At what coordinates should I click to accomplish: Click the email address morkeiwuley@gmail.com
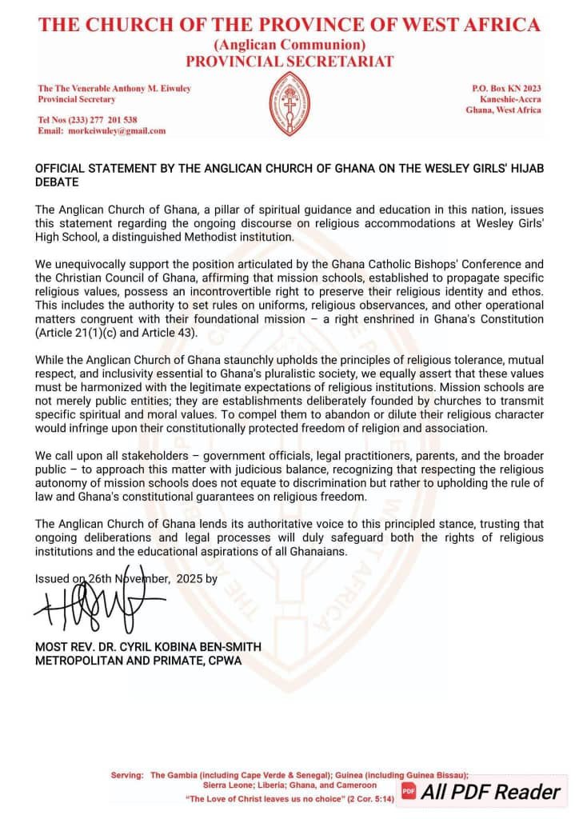point(118,131)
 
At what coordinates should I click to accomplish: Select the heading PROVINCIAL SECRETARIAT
point(289,61)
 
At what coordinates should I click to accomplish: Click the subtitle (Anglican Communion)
point(289,45)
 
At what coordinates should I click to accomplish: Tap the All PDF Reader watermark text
point(491,792)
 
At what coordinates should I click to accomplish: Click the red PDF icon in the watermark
point(409,792)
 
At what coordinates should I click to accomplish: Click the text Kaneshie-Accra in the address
point(508,98)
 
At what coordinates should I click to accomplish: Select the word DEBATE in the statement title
point(56,182)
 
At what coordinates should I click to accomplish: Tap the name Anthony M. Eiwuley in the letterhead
point(151,87)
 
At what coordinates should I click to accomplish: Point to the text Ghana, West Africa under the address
point(503,110)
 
